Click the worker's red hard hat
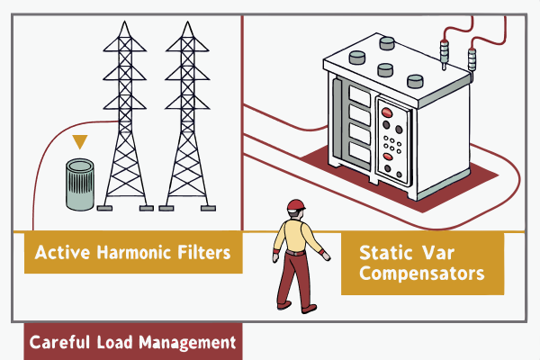point(295,204)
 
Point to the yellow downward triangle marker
point(80,141)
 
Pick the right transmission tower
point(188,117)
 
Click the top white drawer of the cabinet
point(356,93)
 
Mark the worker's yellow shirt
point(295,234)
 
